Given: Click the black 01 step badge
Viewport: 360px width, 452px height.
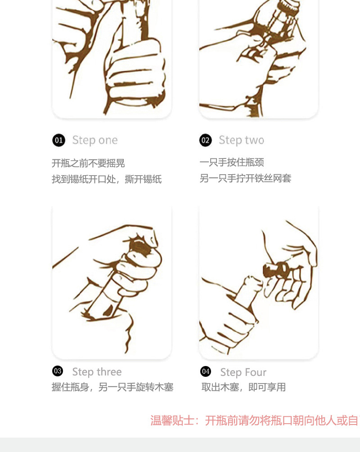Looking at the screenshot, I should (x=59, y=140).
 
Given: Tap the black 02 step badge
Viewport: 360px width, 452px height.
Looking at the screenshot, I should (x=206, y=140).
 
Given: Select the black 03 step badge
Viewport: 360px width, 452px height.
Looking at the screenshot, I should (x=58, y=371).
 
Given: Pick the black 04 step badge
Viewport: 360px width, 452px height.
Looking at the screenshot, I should (x=206, y=371).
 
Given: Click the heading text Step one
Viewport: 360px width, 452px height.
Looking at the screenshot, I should (x=95, y=140).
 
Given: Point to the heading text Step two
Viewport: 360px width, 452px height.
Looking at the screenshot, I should (x=242, y=140).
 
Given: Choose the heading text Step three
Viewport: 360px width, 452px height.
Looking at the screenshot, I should (x=97, y=372).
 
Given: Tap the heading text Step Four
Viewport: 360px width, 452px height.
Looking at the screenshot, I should (x=243, y=372).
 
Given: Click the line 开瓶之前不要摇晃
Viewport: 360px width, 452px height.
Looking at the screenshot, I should (x=88, y=163).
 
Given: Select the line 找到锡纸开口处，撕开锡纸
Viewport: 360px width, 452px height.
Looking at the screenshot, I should (x=107, y=179).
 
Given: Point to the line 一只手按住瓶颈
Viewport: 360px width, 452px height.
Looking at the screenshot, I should (x=232, y=162).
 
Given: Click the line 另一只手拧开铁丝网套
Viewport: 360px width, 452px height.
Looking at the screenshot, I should (x=246, y=178).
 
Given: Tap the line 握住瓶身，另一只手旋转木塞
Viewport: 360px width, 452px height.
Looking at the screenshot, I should (x=112, y=387).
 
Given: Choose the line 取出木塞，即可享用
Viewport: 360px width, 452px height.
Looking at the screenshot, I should (x=243, y=387).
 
